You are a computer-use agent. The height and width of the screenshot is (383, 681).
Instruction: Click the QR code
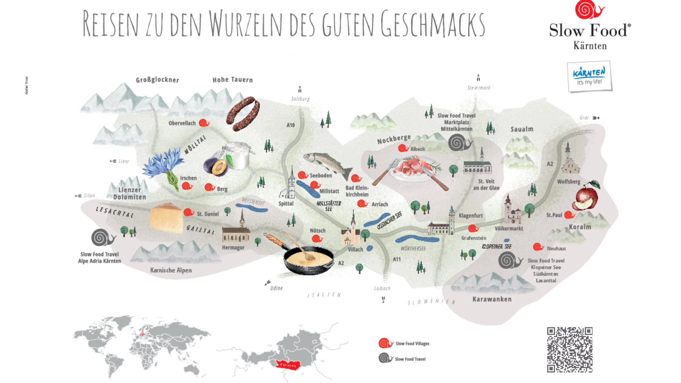click(570, 350)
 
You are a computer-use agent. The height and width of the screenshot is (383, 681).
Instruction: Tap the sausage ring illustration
click(243, 113)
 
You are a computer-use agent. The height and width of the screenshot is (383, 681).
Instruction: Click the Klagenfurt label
click(471, 216)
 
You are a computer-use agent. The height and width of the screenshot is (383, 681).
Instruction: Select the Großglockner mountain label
click(157, 80)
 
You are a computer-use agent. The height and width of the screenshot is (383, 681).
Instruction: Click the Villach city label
click(355, 249)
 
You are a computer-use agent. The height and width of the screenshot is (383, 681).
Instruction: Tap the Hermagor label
click(233, 248)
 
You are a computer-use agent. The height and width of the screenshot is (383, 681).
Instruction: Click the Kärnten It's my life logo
click(589, 77)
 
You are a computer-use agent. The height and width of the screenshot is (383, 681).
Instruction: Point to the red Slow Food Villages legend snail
click(385, 343)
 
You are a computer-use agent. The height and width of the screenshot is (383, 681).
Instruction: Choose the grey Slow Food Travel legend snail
click(385, 358)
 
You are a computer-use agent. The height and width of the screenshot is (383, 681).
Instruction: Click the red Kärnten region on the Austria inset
click(288, 365)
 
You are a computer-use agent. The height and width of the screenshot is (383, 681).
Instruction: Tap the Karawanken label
click(492, 299)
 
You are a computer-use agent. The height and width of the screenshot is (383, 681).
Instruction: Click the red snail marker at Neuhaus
click(538, 247)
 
